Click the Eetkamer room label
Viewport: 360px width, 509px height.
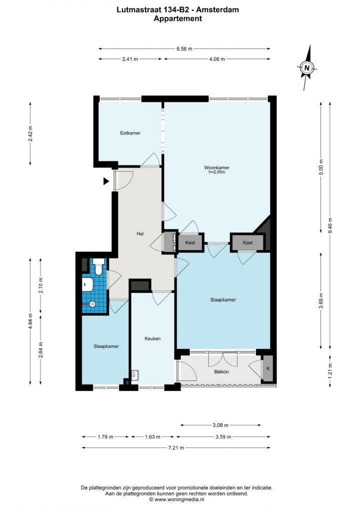[x=130, y=133]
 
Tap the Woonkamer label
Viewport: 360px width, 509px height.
[x=216, y=167]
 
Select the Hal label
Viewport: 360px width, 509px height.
[x=140, y=233]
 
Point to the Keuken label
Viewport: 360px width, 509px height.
[x=152, y=338]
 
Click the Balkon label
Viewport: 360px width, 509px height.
[x=221, y=371]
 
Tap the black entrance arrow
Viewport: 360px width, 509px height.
[x=106, y=181]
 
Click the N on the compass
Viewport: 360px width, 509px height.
[x=307, y=68]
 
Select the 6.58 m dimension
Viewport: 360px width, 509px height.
[x=184, y=48]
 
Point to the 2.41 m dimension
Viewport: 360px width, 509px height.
[x=130, y=59]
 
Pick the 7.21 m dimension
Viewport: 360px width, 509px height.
[x=176, y=447]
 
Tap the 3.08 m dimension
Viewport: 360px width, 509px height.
[x=220, y=425]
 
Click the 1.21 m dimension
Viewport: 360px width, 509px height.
[x=330, y=370]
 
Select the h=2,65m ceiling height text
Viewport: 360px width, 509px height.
[x=217, y=172]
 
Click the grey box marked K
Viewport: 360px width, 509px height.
[x=268, y=368]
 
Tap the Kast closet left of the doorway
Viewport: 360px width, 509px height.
[x=190, y=242]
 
